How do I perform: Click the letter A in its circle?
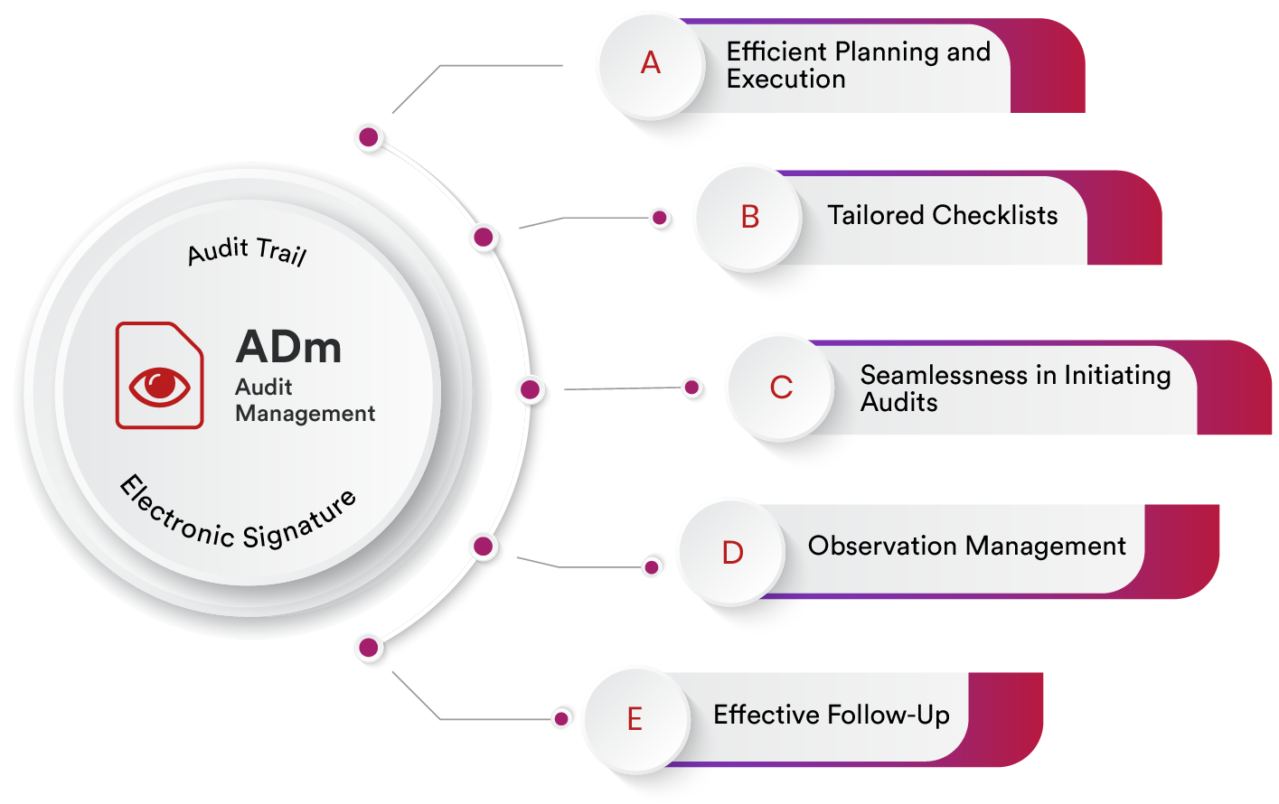coord(651,64)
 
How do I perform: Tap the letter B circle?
coord(749,218)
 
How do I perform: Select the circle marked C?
coord(781,388)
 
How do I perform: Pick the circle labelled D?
coord(732,553)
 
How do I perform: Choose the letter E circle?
coord(635,719)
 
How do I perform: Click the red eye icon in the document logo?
coord(160,386)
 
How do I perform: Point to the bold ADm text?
coord(289,348)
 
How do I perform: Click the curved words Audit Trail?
coord(247,251)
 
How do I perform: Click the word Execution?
coord(785,79)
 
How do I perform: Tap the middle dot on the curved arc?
coord(531,389)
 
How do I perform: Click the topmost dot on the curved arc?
coord(369,137)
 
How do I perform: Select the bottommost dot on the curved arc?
coord(369,647)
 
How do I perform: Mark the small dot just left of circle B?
coord(660,218)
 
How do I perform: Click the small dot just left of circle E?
coord(561,718)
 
